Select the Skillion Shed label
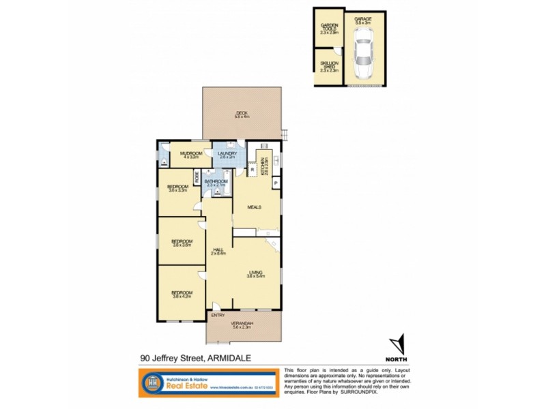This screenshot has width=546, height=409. (330, 66)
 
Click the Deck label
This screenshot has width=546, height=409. (242, 115)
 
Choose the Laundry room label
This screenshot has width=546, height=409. (227, 155)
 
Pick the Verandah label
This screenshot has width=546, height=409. (243, 325)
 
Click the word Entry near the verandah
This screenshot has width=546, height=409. (218, 315)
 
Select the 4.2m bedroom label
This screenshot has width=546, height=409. (181, 295)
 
